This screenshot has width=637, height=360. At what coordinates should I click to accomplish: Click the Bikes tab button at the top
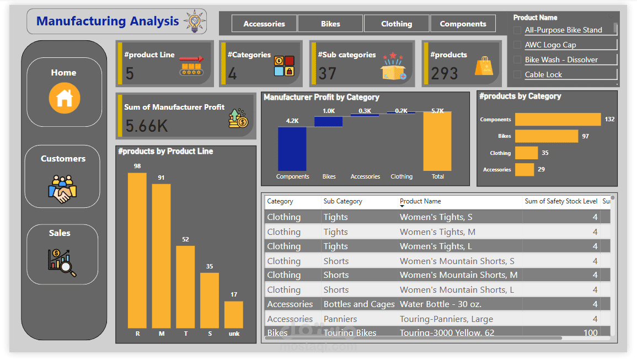pyautogui.click(x=330, y=24)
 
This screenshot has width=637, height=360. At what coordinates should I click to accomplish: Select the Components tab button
pyautogui.click(x=463, y=24)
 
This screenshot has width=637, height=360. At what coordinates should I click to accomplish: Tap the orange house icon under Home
pyautogui.click(x=65, y=98)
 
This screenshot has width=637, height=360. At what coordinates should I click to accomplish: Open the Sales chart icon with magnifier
pyautogui.click(x=62, y=262)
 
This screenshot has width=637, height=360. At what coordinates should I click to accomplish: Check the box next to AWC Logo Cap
pyautogui.click(x=517, y=45)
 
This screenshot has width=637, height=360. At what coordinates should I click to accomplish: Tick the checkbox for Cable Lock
pyautogui.click(x=517, y=74)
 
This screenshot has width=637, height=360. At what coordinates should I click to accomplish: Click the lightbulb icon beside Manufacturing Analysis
pyautogui.click(x=194, y=21)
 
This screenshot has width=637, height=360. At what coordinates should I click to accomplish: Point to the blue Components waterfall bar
pyautogui.click(x=292, y=148)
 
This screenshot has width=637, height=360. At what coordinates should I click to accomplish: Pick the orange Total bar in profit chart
pyautogui.click(x=437, y=141)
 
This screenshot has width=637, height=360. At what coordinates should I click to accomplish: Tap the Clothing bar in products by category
pyautogui.click(x=526, y=153)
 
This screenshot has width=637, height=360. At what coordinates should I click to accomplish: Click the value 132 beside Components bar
pyautogui.click(x=609, y=119)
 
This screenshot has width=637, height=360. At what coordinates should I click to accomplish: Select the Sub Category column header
pyautogui.click(x=343, y=201)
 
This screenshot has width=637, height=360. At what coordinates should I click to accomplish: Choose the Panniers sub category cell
pyautogui.click(x=340, y=319)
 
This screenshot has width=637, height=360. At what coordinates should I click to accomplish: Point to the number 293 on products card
pyautogui.click(x=445, y=73)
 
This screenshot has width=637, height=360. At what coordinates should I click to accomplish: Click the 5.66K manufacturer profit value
pyautogui.click(x=146, y=126)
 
